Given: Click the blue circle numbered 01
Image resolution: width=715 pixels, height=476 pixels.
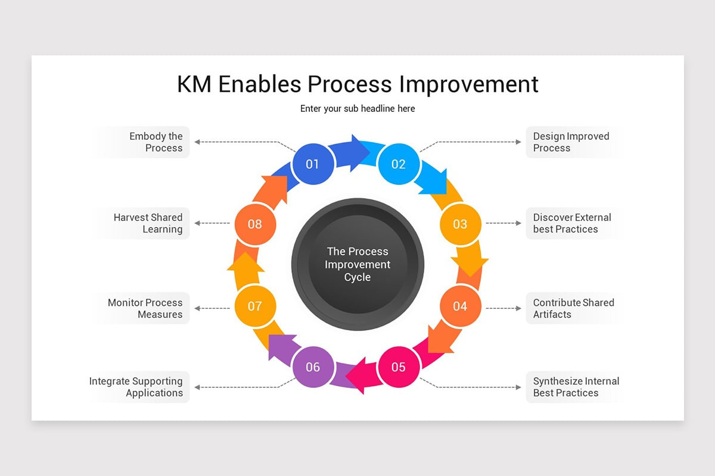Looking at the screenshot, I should [312, 164].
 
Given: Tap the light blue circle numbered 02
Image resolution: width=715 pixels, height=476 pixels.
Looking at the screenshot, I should [398, 164].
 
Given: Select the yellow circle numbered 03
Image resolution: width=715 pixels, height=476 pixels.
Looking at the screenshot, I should [460, 224].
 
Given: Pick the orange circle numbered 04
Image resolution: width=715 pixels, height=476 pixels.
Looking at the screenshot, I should [460, 306].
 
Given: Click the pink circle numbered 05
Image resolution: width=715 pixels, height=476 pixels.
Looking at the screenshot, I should [398, 367].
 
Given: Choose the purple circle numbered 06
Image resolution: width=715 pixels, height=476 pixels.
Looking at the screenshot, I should [313, 367].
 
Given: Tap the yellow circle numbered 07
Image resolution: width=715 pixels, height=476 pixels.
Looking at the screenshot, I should [254, 306].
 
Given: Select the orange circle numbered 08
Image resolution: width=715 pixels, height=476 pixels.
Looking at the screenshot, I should [254, 224].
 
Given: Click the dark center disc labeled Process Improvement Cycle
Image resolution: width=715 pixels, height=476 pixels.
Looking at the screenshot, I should [357, 264].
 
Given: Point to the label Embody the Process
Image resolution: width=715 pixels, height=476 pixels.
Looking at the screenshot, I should [156, 142].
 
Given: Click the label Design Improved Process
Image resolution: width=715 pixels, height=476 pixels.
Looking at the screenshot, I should [570, 142].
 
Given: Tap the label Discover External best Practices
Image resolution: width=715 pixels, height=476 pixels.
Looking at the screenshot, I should [571, 223].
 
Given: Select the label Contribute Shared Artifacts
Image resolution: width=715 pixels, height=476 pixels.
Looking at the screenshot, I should [573, 308].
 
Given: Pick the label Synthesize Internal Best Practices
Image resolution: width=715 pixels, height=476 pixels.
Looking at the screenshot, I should [576, 387].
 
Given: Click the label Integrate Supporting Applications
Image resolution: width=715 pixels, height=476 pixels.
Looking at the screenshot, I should [136, 387].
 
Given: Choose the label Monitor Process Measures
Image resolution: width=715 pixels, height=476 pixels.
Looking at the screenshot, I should [145, 308].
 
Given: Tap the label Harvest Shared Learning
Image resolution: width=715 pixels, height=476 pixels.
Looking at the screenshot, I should [148, 223].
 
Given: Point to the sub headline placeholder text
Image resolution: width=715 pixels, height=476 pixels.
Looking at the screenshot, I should [357, 108].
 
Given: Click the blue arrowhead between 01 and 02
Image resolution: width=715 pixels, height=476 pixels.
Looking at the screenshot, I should [359, 153].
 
